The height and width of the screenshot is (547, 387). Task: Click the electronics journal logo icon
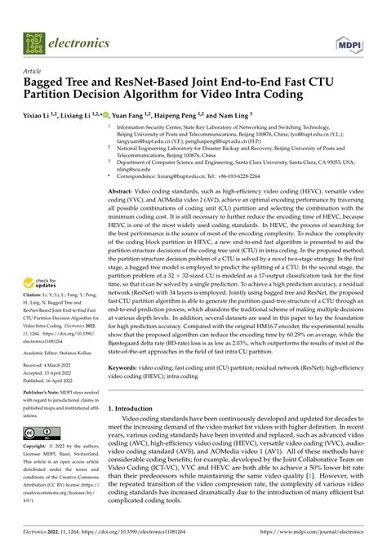tap(33, 41)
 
